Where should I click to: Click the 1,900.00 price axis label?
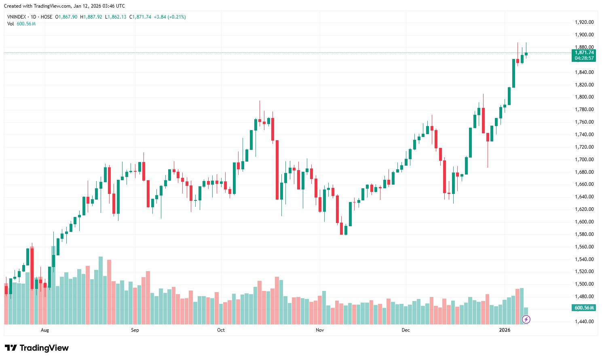click(584, 35)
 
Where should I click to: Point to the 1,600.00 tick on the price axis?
click(584, 222)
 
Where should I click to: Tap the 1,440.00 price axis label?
click(584, 322)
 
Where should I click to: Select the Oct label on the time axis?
click(221, 330)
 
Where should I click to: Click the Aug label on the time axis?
click(45, 330)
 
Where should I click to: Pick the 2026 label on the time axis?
click(505, 330)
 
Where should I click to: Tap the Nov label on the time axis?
click(320, 330)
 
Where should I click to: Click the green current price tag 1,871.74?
click(584, 53)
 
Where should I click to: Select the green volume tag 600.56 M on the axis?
click(584, 308)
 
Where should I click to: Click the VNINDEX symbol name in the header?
click(17, 17)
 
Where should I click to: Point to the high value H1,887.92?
click(91, 17)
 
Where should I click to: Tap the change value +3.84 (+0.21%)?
click(170, 17)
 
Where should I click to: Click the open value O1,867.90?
click(66, 17)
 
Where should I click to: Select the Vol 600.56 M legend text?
click(21, 24)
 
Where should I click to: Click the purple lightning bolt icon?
click(526, 320)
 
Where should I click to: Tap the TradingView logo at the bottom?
click(37, 348)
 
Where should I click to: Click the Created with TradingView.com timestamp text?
click(64, 6)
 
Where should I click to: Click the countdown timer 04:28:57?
click(584, 58)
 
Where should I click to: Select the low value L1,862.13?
click(116, 17)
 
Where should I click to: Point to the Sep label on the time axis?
click(135, 330)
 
